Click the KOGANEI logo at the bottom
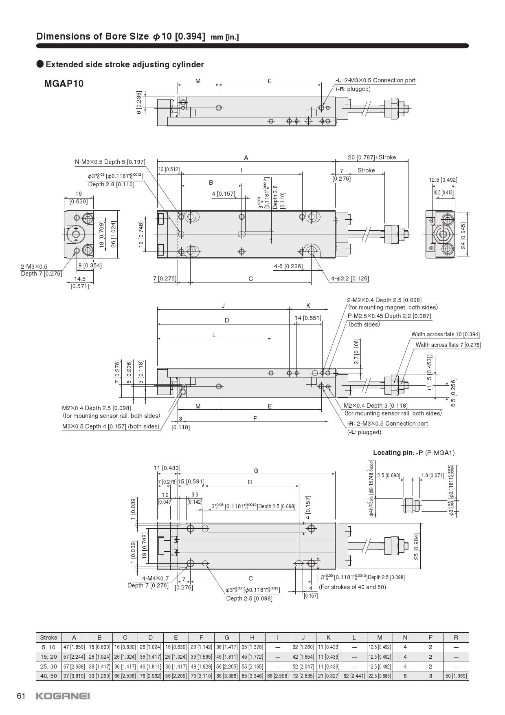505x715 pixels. pos(63,696)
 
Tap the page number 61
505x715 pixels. pos(22,696)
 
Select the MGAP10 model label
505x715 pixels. pos(64,84)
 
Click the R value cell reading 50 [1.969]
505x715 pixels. pos(456,676)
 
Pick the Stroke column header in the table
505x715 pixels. pos(48,638)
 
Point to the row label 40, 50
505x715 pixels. pos(48,676)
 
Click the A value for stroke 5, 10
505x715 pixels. pos(74,647)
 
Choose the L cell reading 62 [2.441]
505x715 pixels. pos(354,676)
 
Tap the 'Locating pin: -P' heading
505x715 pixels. pos(398,452)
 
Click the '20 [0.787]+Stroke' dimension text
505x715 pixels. pos(372,157)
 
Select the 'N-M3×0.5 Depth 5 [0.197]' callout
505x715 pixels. pos(110,162)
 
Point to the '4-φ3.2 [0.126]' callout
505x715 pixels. pos(350,278)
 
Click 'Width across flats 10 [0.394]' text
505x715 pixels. pos(445,334)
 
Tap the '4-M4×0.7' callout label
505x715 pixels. pos(155,578)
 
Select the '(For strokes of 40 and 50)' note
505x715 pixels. pos(352,587)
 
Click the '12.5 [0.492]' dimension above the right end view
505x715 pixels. pos(443,180)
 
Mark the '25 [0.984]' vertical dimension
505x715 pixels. pos(417,546)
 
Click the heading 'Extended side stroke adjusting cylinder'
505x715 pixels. pos(125,64)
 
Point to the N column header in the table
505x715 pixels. pos(405,638)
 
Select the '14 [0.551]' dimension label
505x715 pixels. pos(308,318)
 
